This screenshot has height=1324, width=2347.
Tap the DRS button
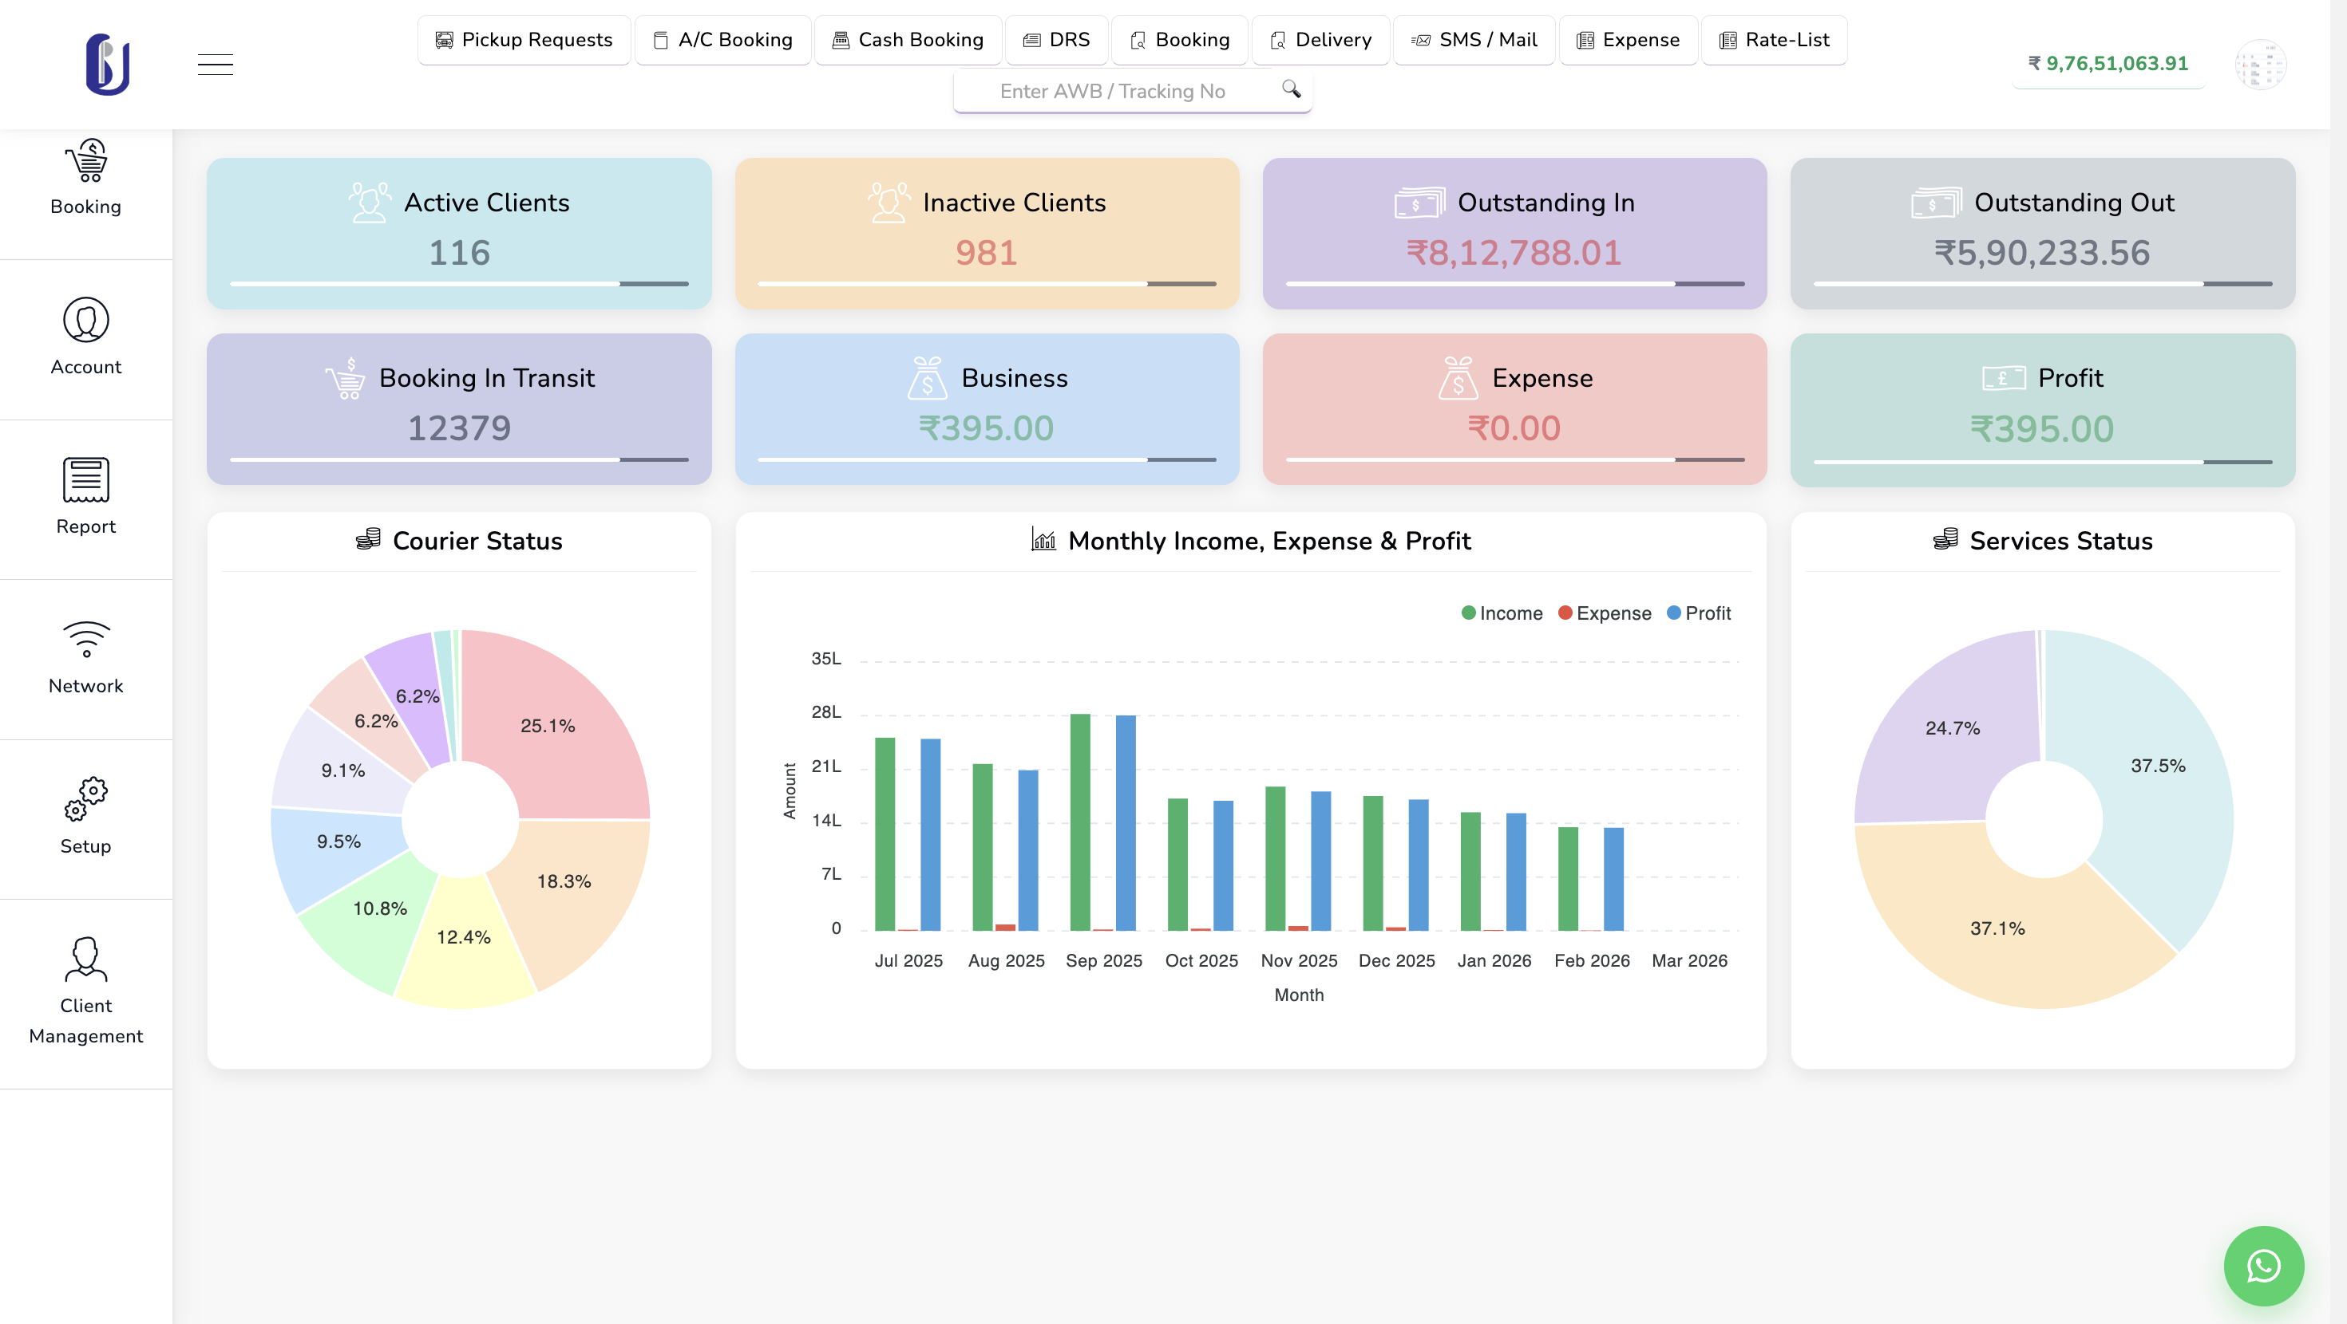tap(1056, 40)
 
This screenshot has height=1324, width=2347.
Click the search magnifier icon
tap(1290, 89)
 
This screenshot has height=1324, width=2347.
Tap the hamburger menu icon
tap(215, 65)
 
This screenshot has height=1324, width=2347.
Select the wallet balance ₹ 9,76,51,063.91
tap(2108, 64)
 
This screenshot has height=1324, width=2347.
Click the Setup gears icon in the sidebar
tap(85, 798)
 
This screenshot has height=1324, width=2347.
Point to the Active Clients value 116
tap(459, 252)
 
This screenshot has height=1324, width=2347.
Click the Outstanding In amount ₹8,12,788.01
tap(1514, 252)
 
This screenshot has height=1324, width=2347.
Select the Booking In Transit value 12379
tap(459, 428)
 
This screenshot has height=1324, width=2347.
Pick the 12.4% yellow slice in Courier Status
tap(465, 947)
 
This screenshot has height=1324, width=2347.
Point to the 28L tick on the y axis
tap(825, 712)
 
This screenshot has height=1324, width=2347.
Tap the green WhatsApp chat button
tap(2263, 1266)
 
